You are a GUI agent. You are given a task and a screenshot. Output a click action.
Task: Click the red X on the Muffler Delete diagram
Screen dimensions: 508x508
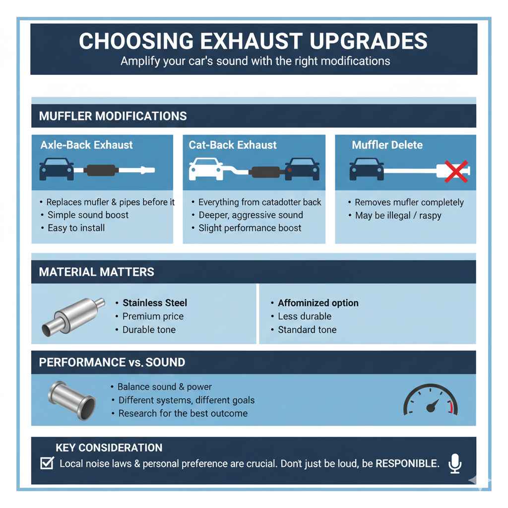click(x=456, y=171)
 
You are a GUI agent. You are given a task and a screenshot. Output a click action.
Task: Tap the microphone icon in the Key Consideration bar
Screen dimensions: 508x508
click(x=454, y=463)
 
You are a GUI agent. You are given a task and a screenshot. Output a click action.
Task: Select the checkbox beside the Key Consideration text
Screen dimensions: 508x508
click(x=47, y=463)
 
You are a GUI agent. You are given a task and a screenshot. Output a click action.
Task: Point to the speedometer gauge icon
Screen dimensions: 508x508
click(x=431, y=401)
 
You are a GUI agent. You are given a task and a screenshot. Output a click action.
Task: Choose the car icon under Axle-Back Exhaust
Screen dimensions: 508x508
click(x=56, y=169)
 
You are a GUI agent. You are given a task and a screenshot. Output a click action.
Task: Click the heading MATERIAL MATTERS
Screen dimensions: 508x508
click(x=97, y=272)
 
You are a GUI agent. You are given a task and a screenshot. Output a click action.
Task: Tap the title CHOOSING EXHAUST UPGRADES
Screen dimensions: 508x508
click(x=253, y=41)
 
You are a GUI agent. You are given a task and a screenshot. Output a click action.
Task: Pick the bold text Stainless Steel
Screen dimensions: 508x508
click(x=155, y=303)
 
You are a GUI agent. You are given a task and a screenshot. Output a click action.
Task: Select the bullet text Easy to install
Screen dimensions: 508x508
click(x=76, y=228)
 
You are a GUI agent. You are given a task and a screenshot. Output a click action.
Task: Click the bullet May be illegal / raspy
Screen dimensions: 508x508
click(x=398, y=216)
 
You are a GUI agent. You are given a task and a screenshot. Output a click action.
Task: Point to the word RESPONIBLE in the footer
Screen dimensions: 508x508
click(x=407, y=464)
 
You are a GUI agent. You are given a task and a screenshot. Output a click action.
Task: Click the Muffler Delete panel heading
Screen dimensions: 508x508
click(x=387, y=145)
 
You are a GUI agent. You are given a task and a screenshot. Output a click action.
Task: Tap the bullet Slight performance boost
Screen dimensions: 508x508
click(x=250, y=228)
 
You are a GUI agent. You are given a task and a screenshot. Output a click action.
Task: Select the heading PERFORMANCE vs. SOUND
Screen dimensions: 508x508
click(x=112, y=362)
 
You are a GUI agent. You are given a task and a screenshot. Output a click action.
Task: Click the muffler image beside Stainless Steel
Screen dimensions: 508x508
click(x=73, y=316)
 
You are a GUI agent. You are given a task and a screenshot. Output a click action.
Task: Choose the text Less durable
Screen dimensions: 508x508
click(x=304, y=316)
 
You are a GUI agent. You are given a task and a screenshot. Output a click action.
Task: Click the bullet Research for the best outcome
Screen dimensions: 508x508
click(x=183, y=413)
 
